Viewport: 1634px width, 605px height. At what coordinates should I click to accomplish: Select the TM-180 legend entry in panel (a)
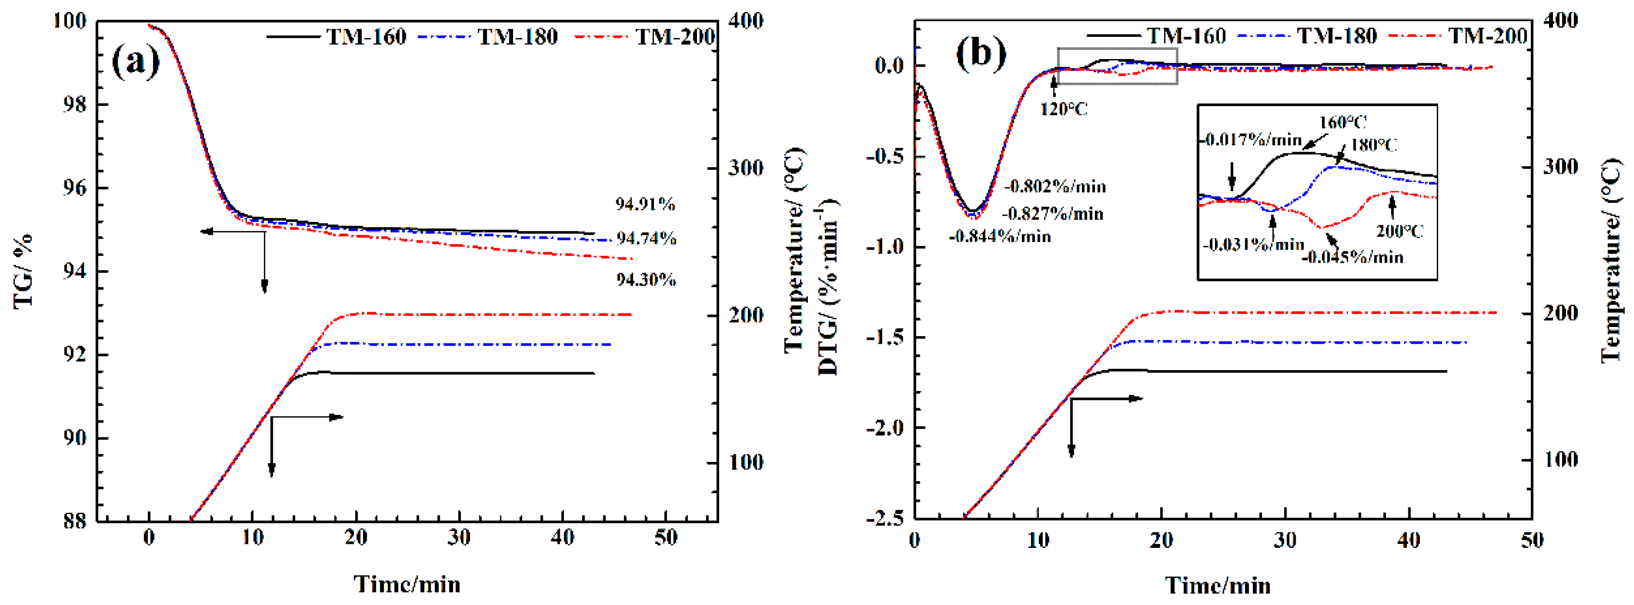point(517,37)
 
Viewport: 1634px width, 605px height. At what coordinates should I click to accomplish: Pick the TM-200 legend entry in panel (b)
point(1488,36)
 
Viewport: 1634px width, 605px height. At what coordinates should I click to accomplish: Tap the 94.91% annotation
point(645,204)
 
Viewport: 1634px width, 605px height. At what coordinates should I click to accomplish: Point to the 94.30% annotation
point(646,279)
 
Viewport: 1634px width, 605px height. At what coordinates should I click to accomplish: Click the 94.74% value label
point(647,239)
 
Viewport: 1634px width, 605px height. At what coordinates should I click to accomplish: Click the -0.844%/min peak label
point(1000,237)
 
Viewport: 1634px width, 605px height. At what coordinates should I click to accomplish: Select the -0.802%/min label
point(1055,186)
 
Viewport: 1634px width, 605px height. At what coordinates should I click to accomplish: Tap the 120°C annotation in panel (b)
point(1063,109)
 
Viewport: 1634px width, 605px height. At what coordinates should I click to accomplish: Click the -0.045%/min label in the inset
point(1352,257)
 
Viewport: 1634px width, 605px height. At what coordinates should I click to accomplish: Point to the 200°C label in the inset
point(1399,231)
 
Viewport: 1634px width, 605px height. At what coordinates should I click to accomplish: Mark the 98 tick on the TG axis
point(74,105)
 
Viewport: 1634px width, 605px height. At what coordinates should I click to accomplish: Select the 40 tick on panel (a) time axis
point(562,538)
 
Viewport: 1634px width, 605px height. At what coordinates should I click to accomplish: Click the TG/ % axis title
point(24,271)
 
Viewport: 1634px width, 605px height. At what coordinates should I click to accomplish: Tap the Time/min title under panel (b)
point(1218,585)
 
